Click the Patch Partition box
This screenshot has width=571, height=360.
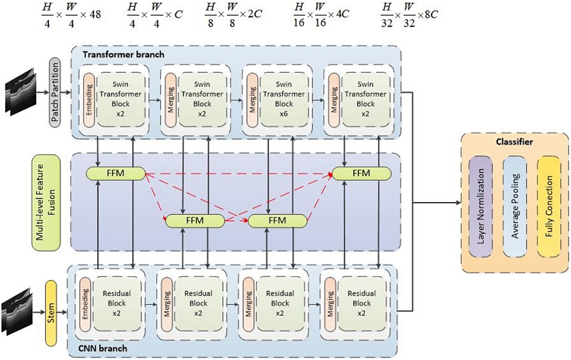pos(55,92)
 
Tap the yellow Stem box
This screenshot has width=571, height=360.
pos(51,313)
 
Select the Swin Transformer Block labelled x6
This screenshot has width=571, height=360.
pos(284,99)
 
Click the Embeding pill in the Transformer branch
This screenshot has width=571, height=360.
pos(89,99)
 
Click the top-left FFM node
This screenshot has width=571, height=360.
pos(115,173)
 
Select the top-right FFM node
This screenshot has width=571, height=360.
pos(362,173)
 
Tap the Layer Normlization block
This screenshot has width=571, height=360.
pos(481,206)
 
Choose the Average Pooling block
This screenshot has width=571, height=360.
pos(515,206)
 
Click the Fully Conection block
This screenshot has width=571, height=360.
pos(549,206)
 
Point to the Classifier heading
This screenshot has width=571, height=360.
pos(514,142)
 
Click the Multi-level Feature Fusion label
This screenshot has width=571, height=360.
pos(46,203)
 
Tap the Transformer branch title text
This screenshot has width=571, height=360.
pos(123,54)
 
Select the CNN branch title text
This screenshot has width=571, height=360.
pos(103,348)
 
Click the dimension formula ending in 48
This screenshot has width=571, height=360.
pos(71,15)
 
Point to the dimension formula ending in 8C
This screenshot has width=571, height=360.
pos(409,15)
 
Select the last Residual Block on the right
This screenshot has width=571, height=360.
pos(362,303)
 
